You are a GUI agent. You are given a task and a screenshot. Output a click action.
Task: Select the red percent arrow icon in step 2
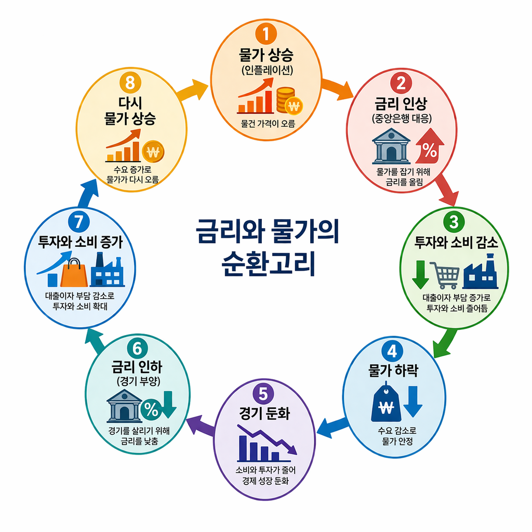click(429, 147)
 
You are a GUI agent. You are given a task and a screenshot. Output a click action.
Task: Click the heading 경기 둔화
click(264, 414)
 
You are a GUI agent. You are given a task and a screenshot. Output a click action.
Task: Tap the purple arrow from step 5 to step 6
click(201, 423)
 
